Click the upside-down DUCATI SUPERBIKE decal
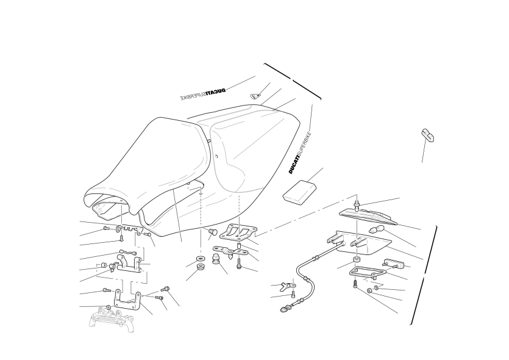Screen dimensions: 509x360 click(202, 94)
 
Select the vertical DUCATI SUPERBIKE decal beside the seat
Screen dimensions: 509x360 click(301, 153)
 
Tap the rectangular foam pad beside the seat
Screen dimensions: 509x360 click(299, 193)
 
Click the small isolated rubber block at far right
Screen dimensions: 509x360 click(427, 135)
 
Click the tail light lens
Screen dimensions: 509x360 click(368, 217)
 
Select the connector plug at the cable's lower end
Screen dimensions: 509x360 click(285, 308)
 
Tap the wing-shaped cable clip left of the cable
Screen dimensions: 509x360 click(287, 286)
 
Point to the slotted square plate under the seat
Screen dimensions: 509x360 click(238, 231)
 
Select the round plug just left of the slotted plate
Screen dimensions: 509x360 click(213, 231)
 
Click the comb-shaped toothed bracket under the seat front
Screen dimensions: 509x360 click(129, 229)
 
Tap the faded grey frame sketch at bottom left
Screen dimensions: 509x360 click(112, 320)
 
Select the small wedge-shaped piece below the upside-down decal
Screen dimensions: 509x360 click(255, 96)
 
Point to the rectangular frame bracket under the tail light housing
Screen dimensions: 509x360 click(367, 272)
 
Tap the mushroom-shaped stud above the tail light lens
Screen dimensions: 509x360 click(357, 206)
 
